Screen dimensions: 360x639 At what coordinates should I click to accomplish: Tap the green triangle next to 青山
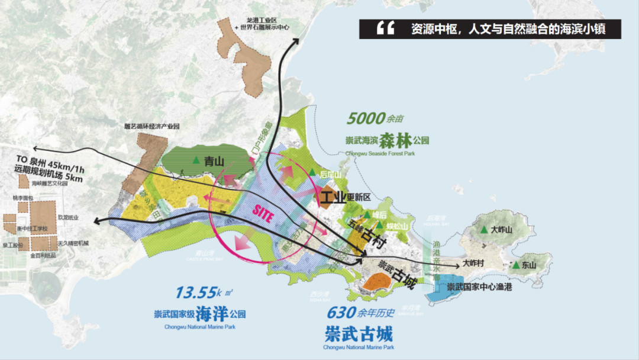(x=196, y=160)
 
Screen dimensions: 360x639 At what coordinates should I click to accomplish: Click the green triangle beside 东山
(x=516, y=265)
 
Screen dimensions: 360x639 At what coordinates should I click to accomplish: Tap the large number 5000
(x=366, y=118)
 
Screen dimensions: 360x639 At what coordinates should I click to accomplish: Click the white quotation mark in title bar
(x=385, y=28)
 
